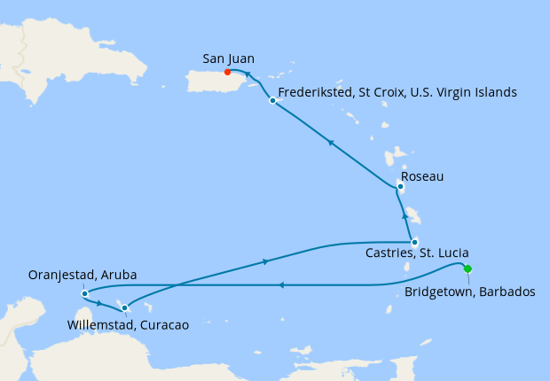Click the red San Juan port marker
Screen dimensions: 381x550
228,73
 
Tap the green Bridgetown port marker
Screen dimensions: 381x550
467,269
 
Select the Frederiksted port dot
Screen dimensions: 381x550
272,101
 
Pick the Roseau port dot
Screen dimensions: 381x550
401,187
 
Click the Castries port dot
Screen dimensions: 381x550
414,242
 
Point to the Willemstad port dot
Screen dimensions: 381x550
124,307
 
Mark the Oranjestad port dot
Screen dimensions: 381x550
83,293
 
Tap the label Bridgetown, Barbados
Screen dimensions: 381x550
469,292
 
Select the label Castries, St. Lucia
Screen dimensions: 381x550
418,253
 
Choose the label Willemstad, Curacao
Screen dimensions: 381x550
129,325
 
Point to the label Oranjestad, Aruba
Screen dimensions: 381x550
86,275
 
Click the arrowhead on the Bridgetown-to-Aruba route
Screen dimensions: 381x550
280,284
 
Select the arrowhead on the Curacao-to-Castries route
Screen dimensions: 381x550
266,261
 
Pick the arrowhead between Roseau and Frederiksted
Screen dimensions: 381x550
330,142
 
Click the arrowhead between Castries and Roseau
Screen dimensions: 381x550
405,215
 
